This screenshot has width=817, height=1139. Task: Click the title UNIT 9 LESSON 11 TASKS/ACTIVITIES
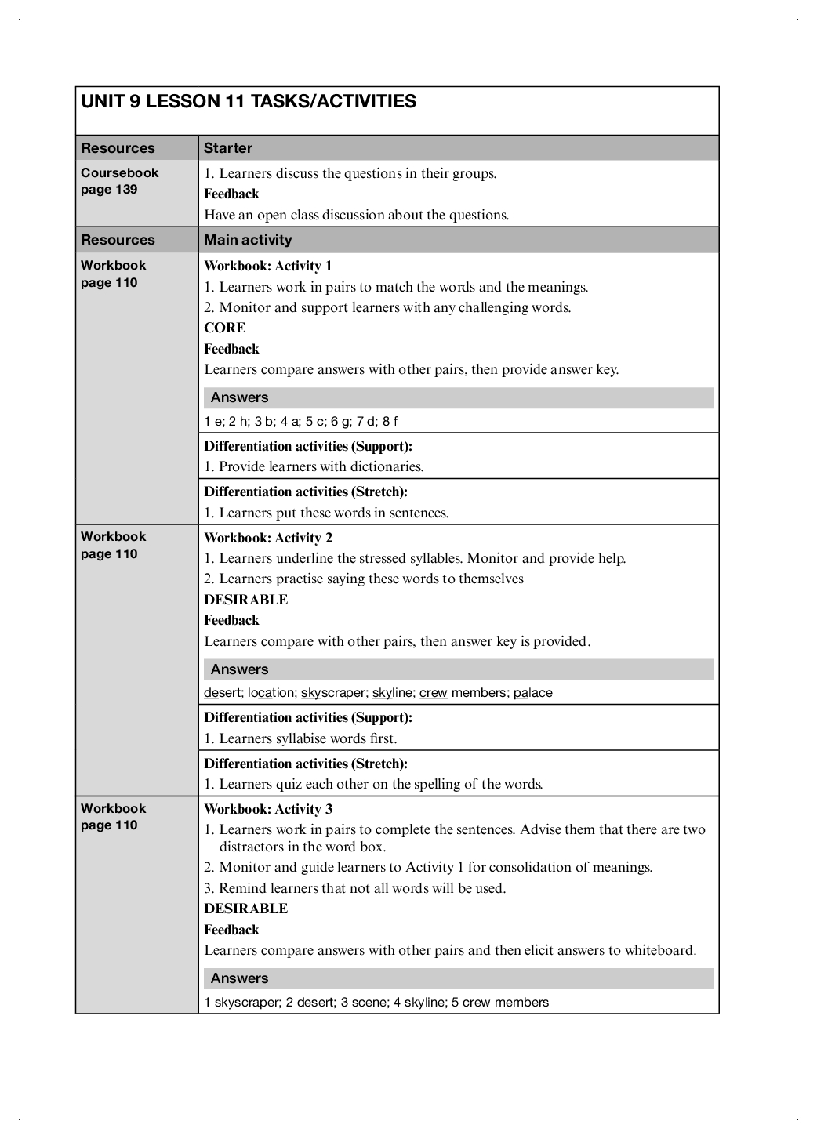click(249, 102)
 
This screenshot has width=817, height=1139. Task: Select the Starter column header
click(228, 148)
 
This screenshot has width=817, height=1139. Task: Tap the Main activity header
click(248, 240)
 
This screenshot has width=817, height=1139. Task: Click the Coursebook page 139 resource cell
click(119, 181)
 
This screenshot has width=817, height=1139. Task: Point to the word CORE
click(225, 328)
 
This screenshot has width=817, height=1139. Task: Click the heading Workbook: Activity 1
click(268, 266)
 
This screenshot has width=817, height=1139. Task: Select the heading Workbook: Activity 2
click(268, 538)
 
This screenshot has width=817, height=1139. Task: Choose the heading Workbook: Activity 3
click(268, 809)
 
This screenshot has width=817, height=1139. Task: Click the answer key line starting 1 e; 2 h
click(301, 422)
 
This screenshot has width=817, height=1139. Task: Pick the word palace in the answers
click(533, 693)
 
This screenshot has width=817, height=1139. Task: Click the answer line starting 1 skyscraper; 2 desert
click(376, 1003)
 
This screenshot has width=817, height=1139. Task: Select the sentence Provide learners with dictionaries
click(321, 467)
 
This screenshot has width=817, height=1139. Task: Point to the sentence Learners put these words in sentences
click(333, 513)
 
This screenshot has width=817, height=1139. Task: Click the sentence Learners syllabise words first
click(307, 738)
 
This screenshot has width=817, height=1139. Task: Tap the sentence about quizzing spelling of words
click(380, 784)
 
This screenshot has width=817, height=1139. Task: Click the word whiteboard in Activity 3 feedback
click(659, 951)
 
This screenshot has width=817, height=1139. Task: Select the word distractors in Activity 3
click(259, 847)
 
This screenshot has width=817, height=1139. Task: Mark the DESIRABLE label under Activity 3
click(246, 909)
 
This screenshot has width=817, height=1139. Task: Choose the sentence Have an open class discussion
click(357, 215)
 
